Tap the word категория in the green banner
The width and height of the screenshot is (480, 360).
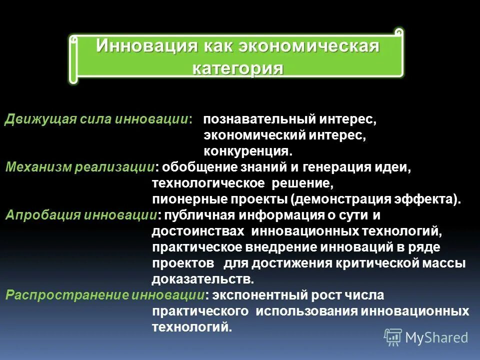(238, 68)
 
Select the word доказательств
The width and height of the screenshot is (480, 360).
(199, 279)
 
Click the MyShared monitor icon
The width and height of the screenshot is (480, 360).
(393, 337)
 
